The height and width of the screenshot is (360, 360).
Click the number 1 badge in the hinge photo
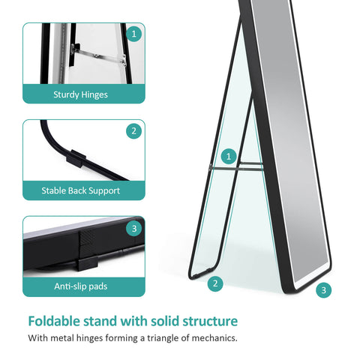tap(134, 33)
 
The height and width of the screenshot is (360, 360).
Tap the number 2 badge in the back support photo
tap(134, 130)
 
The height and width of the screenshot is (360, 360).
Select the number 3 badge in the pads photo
tap(134, 228)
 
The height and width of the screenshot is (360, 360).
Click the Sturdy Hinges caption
tap(80, 94)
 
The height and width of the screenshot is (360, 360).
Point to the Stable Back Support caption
tap(80, 191)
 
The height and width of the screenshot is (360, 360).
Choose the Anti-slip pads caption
tap(80, 286)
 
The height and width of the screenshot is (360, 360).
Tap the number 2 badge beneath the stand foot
tap(215, 283)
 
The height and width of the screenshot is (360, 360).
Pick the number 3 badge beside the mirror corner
tap(323, 289)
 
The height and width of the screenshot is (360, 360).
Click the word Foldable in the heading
tap(57, 321)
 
